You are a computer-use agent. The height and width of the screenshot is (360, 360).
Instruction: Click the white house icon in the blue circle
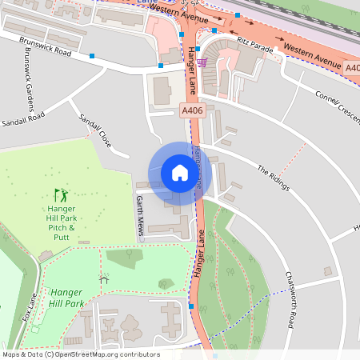(x=180, y=172)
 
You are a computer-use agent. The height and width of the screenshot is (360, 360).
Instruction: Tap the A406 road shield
(x=192, y=110)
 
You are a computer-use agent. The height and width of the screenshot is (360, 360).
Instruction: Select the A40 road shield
(x=353, y=70)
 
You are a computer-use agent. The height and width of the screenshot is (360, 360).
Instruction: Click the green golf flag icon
(x=61, y=194)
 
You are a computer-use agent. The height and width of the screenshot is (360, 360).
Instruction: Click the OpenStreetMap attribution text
(x=80, y=354)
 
